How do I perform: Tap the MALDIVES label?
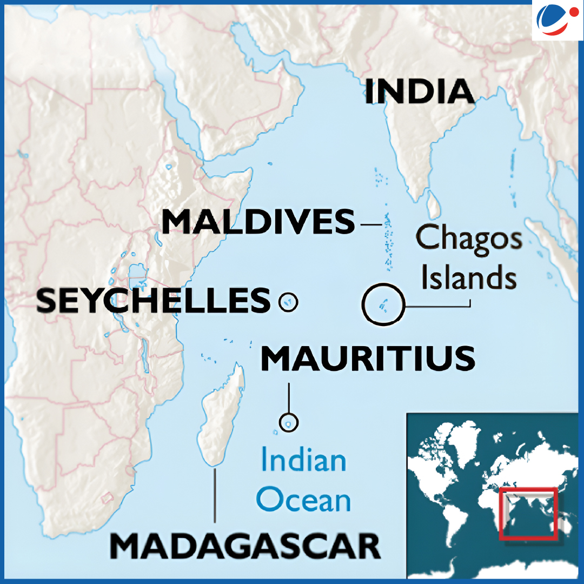pyautogui.click(x=258, y=222)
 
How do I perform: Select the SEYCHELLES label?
pyautogui.click(x=153, y=301)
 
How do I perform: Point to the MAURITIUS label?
pyautogui.click(x=368, y=359)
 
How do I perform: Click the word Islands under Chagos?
pyautogui.click(x=469, y=278)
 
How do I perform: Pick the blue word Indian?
pyautogui.click(x=303, y=461)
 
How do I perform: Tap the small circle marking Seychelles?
pyautogui.click(x=288, y=302)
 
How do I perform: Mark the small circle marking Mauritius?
pyautogui.click(x=288, y=422)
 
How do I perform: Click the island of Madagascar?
pyautogui.click(x=221, y=416)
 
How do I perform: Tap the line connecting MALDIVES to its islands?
pyautogui.click(x=371, y=223)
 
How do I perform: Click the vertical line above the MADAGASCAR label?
pyautogui.click(x=215, y=495)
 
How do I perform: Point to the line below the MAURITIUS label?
pyautogui.click(x=289, y=397)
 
